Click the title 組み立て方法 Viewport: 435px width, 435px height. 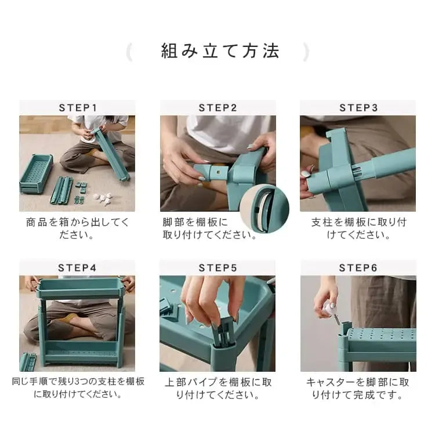220,51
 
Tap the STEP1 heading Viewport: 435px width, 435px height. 78,108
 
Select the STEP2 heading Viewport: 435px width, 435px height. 217,108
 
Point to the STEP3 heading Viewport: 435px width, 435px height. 358,108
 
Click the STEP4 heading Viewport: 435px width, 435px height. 77,268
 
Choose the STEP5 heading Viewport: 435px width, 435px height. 217,268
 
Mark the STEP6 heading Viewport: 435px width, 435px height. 358,268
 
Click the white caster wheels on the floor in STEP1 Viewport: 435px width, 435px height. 103,198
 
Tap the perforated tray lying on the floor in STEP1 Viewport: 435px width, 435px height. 36,173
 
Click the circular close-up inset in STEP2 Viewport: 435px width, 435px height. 264,209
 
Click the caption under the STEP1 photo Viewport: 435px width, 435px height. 77,229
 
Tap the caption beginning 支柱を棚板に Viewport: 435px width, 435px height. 358,229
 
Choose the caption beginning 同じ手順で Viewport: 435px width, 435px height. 78,387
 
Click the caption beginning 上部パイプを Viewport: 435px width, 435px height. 217,389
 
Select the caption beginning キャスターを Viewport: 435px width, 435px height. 358,389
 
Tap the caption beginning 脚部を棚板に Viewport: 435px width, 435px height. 209,229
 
